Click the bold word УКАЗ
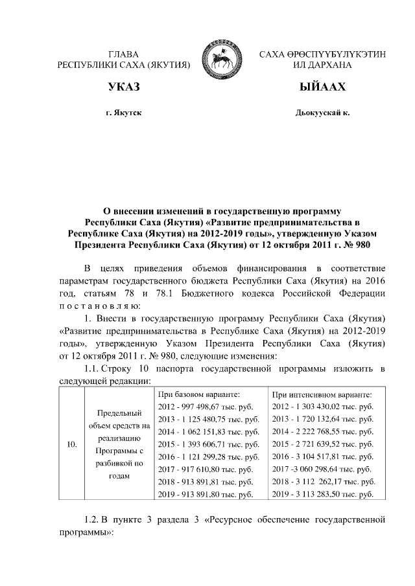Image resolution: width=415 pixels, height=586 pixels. [x=124, y=87]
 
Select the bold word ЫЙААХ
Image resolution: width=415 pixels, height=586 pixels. [x=322, y=87]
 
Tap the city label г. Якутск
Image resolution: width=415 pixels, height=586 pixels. [x=124, y=113]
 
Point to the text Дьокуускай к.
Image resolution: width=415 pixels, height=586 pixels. [x=322, y=113]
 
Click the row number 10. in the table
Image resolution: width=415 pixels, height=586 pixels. [x=73, y=444]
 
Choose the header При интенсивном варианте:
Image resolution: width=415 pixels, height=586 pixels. [x=322, y=394]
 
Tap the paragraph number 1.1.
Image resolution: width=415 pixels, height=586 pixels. [x=91, y=368]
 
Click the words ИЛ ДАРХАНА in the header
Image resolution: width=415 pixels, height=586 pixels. [x=322, y=65]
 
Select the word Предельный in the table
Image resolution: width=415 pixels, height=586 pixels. [x=119, y=412]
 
